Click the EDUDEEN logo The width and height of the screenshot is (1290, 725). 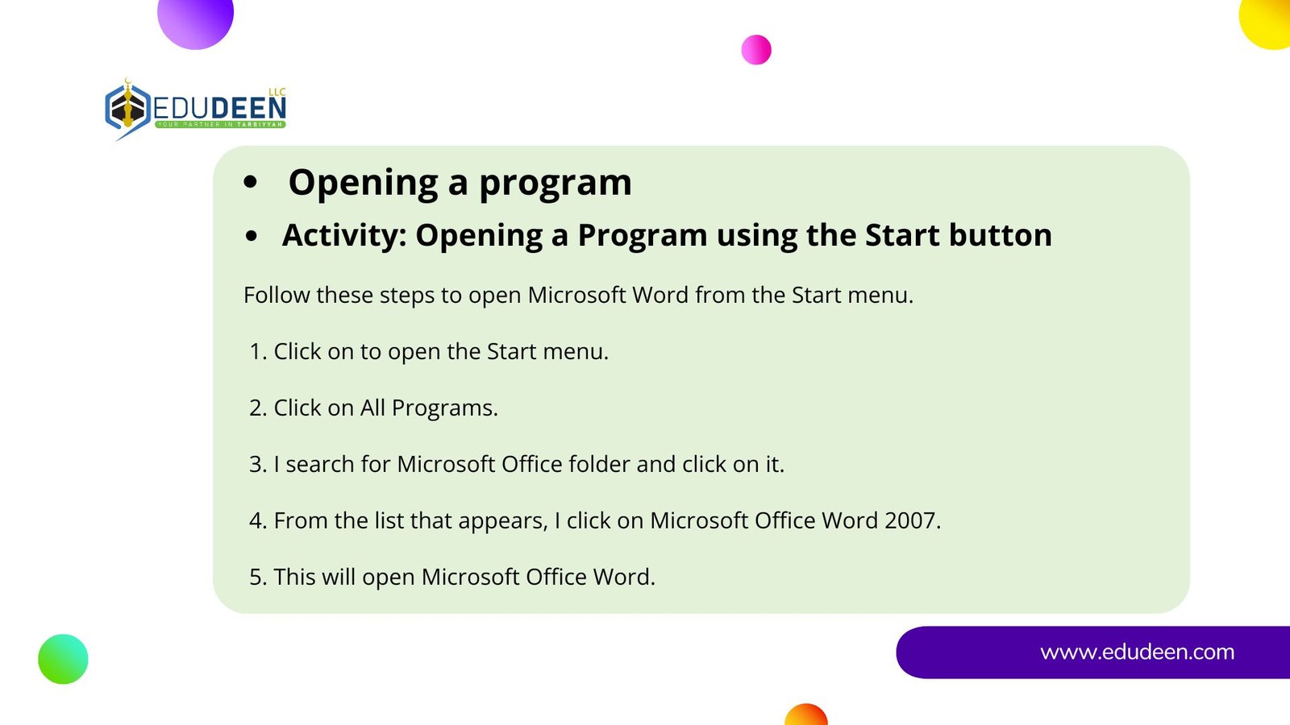(x=196, y=110)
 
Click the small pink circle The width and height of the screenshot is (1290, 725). (x=756, y=49)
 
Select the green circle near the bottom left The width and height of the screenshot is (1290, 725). (x=64, y=659)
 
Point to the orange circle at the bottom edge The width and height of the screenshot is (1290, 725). (x=806, y=715)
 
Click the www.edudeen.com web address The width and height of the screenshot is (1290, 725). (x=1138, y=652)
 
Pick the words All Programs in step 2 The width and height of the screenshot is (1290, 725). (x=428, y=408)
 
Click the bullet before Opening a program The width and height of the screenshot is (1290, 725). (x=251, y=182)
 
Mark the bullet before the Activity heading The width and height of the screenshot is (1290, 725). (x=251, y=236)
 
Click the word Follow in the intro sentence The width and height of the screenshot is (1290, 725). (x=277, y=295)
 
